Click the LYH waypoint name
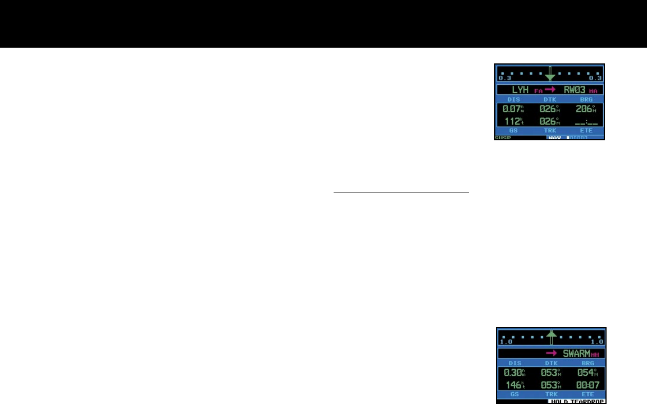click(520, 90)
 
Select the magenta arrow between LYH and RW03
click(550, 90)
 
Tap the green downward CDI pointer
click(550, 75)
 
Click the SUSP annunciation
click(503, 137)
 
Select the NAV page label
click(555, 137)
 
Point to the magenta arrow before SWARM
click(553, 354)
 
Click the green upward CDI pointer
click(552, 337)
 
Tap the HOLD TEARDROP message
click(577, 401)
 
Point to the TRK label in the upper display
click(550, 130)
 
